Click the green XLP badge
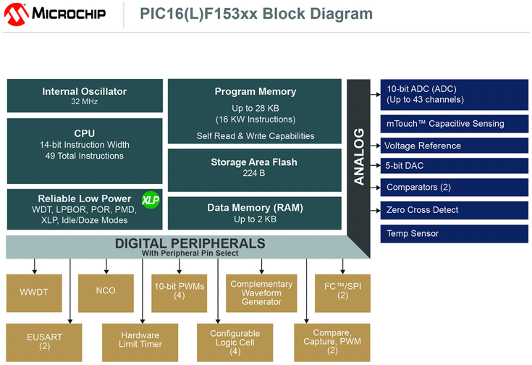[150, 200]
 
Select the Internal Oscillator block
[84, 96]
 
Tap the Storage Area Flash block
[255, 167]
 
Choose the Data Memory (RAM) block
[255, 212]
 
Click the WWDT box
[35, 293]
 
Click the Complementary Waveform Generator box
[261, 293]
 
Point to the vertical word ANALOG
[359, 156]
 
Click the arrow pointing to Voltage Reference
[375, 146]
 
